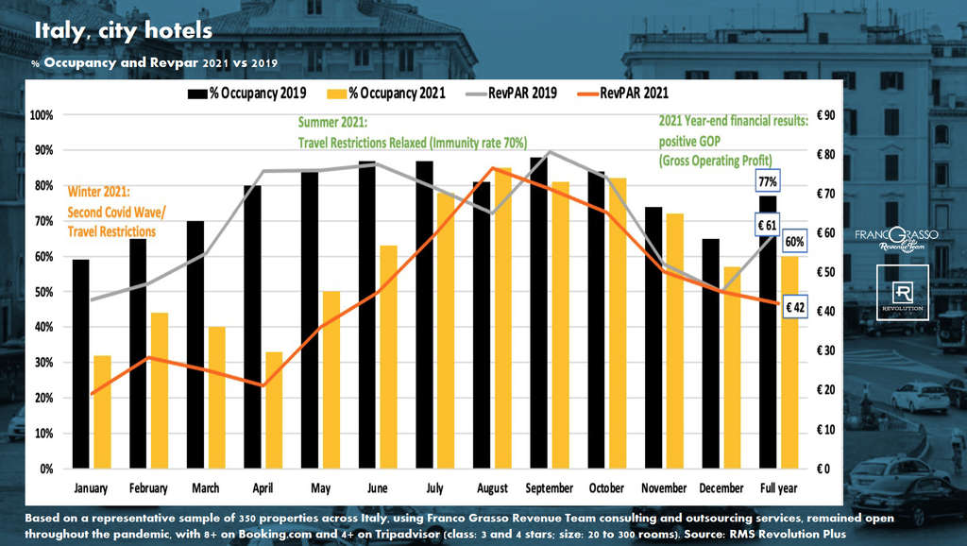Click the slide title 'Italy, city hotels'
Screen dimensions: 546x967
point(123,30)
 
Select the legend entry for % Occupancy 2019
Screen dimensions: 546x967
point(248,94)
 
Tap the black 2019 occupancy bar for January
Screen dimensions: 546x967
point(80,364)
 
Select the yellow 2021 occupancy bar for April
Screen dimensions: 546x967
point(273,410)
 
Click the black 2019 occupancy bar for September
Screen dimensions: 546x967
point(537,313)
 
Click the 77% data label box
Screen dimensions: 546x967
point(766,180)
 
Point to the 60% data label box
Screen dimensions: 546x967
point(794,242)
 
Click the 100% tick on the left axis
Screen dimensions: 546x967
point(42,115)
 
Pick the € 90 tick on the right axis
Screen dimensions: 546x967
point(827,115)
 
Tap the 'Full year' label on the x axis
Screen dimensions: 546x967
point(780,488)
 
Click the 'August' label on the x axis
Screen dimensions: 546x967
point(491,488)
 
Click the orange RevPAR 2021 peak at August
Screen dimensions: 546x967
point(492,168)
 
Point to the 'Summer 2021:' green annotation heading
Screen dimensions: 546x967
point(333,123)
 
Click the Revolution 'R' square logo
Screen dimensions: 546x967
point(904,292)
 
